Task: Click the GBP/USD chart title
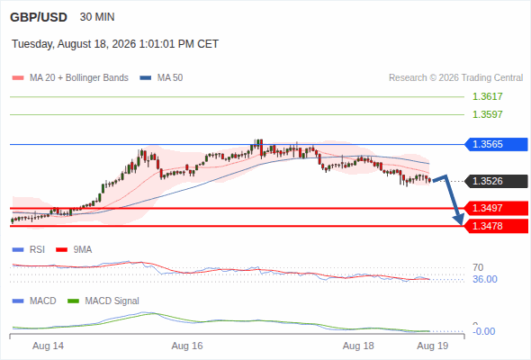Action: pos(39,17)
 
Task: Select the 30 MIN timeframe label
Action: pos(97,17)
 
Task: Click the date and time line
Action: pos(115,44)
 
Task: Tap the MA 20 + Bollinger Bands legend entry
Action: pos(70,78)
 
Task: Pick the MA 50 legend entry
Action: pos(161,78)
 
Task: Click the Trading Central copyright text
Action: pos(455,78)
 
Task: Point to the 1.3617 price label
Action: pos(487,96)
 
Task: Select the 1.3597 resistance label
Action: pos(487,114)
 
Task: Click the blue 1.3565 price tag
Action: pos(496,144)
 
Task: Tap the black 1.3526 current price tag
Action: pos(496,181)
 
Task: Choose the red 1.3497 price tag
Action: pos(496,208)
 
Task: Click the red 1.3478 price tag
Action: pos(496,226)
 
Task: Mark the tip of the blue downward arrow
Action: pos(462,224)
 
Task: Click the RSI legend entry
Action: pos(29,250)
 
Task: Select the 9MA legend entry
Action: pos(74,250)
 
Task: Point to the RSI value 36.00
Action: pos(485,279)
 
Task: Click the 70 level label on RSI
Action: pos(478,267)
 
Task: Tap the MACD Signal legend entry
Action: pos(103,301)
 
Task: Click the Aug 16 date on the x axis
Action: pos(187,346)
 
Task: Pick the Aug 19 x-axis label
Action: pos(433,346)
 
